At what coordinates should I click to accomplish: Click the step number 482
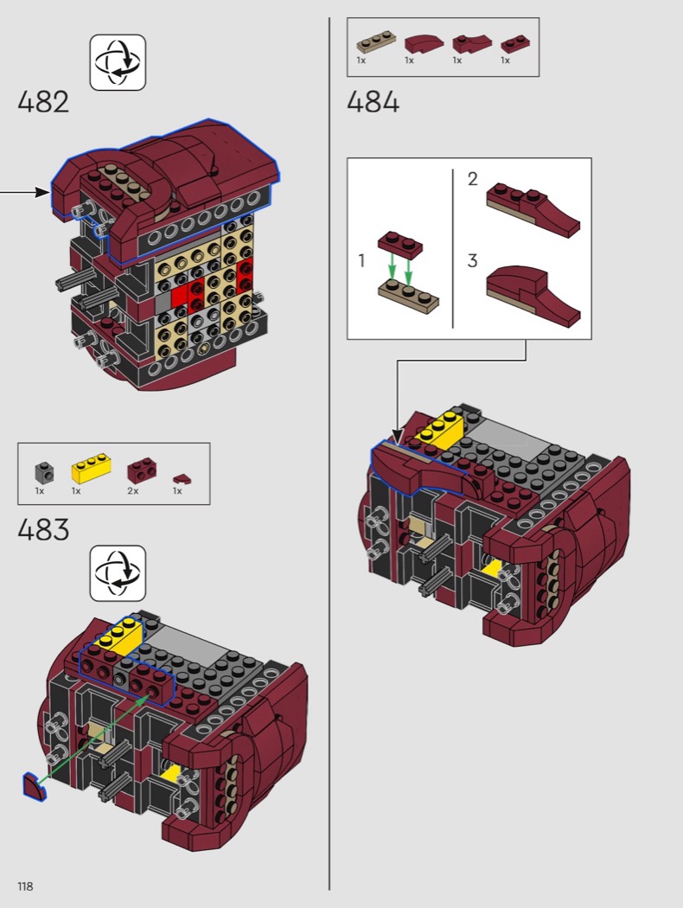coord(43,102)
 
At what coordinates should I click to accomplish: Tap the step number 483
coord(43,530)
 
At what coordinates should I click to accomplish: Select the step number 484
coord(373,102)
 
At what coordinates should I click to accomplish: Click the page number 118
coord(25,886)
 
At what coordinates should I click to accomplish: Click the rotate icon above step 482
coord(118,62)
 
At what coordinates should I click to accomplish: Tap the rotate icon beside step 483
coord(118,573)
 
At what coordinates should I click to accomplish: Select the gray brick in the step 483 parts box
coord(44,472)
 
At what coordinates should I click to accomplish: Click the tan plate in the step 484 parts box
coord(376,44)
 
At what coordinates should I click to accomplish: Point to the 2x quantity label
coord(133,491)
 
